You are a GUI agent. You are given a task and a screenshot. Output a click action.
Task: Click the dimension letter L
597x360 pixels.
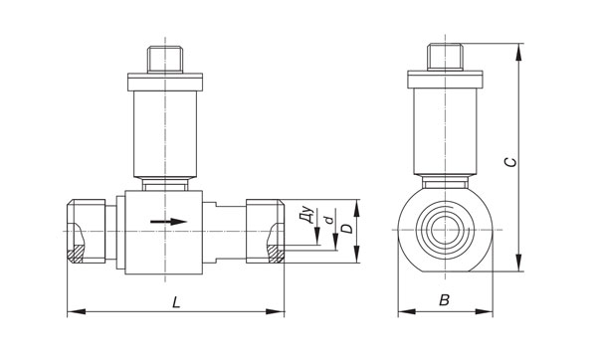point(176,302)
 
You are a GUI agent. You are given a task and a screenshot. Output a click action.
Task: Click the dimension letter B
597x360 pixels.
point(445,300)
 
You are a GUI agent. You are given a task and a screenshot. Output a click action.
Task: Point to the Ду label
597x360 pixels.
point(307,216)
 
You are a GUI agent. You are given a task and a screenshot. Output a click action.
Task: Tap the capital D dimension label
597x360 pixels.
point(346,229)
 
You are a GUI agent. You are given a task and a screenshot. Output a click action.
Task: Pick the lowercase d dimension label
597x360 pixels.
point(328,220)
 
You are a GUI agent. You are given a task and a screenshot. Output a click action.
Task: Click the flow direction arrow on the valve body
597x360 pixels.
point(168,222)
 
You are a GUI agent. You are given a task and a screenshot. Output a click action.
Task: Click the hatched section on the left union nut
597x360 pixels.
point(76,254)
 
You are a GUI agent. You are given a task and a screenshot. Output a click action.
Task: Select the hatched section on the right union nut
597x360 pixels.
point(276,254)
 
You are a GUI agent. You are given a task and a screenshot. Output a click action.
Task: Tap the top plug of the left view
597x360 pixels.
point(165,60)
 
